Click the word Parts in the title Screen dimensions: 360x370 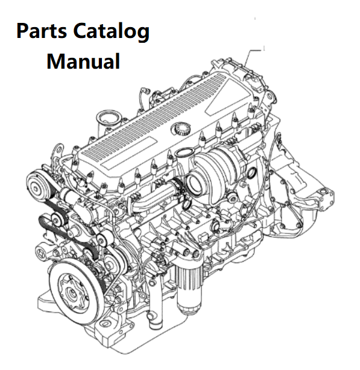click(x=42, y=31)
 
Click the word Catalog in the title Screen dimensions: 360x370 click(x=111, y=32)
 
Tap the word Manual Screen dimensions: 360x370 click(x=83, y=61)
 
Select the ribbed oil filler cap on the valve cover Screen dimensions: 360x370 click(x=181, y=128)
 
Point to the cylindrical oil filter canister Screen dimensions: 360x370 click(x=189, y=289)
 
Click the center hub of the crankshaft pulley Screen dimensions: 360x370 click(x=72, y=293)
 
